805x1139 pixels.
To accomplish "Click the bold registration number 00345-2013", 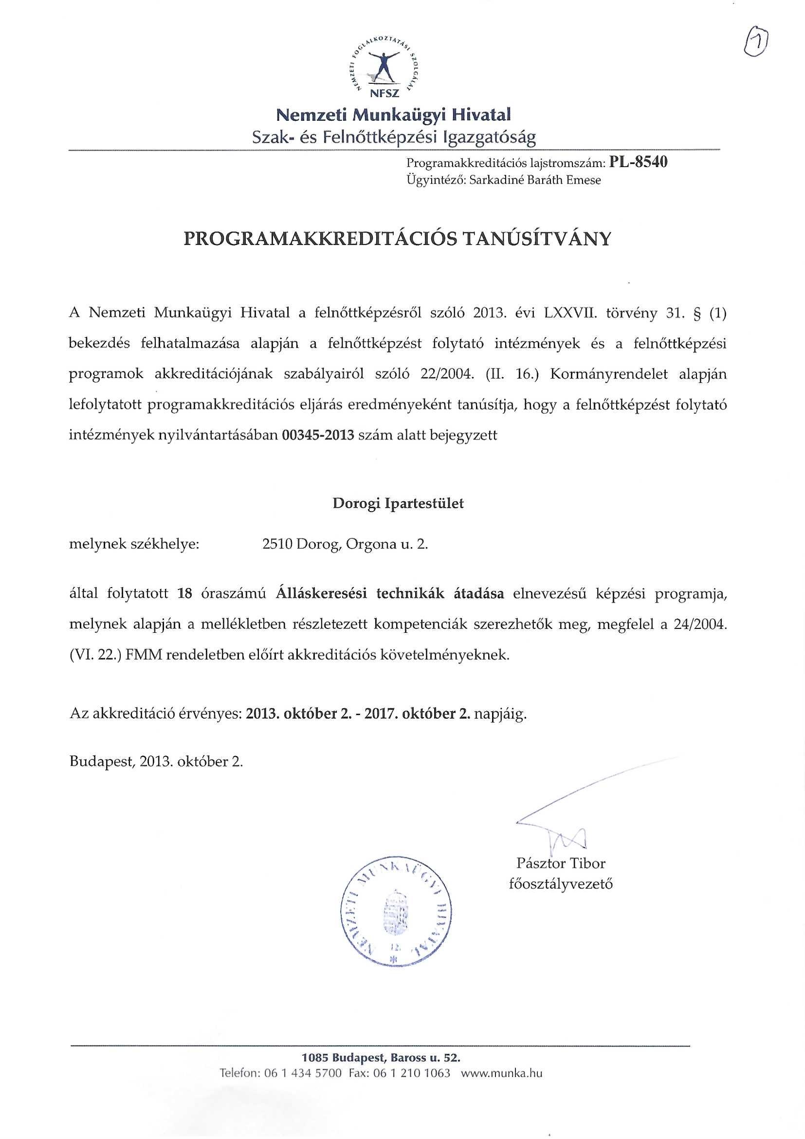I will point(318,436).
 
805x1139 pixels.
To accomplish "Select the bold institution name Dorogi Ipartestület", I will point(398,504).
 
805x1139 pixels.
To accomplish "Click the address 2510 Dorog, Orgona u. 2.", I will point(345,545).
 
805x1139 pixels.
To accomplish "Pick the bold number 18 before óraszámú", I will point(184,594).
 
